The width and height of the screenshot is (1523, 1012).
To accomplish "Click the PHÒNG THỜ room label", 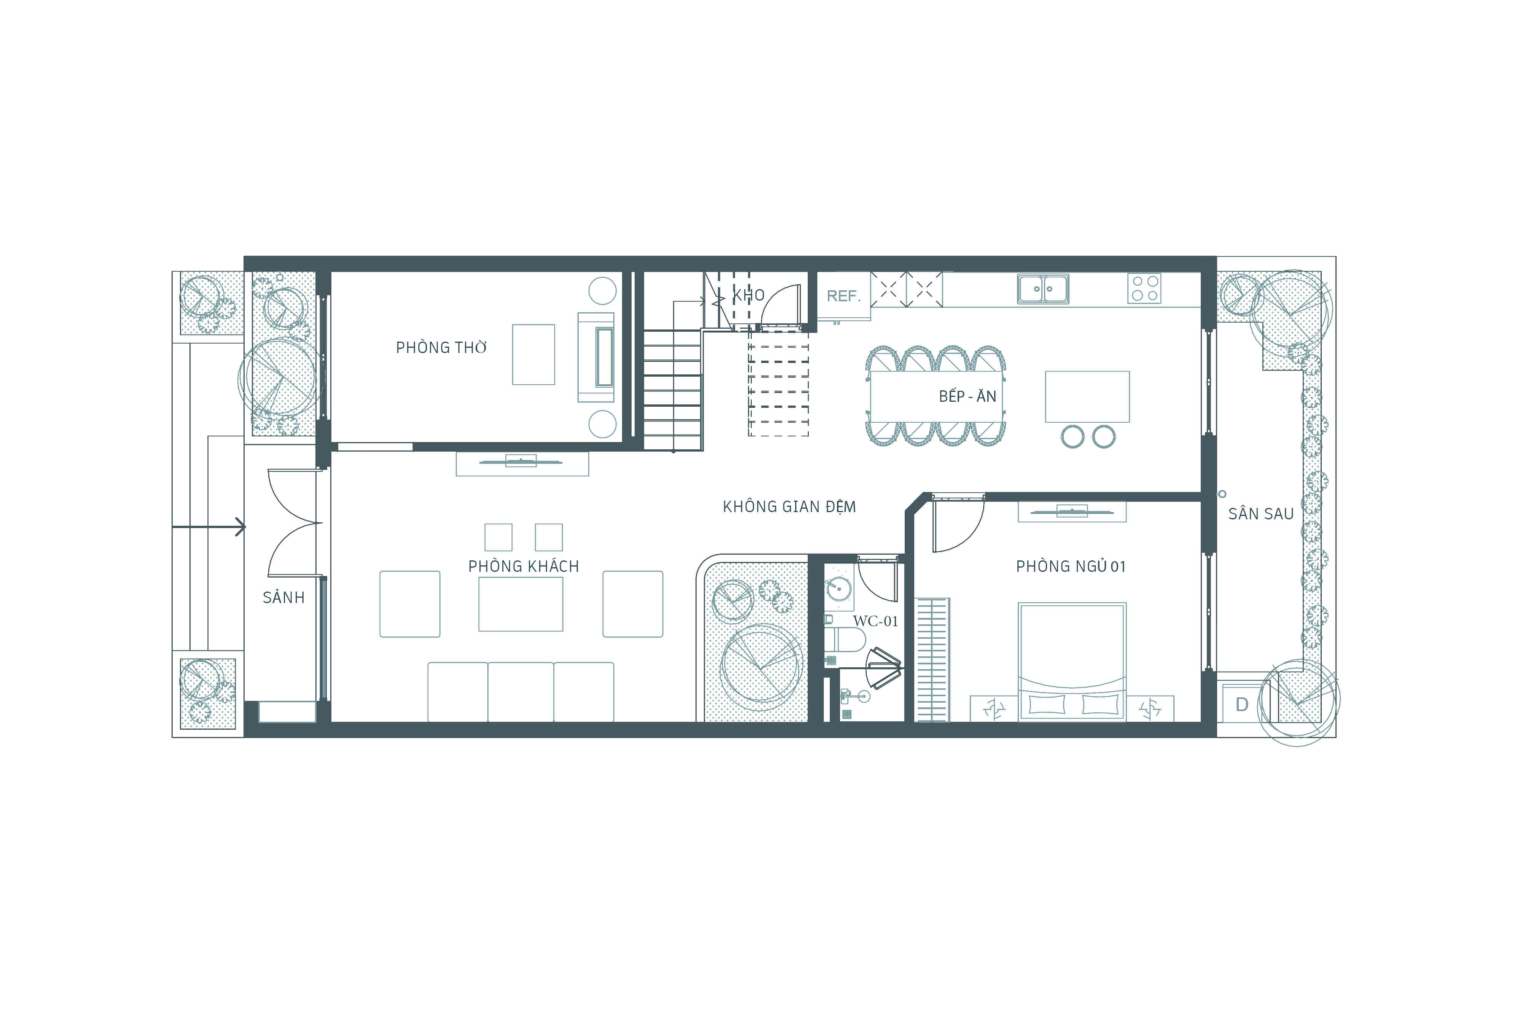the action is pos(441,347).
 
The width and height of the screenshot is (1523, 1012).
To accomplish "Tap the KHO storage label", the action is pos(749,296).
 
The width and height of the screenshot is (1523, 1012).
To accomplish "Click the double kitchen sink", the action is pos(1043,288).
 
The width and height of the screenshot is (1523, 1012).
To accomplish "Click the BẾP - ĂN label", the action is pos(968,396).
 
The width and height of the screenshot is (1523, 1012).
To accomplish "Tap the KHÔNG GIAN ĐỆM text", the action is pos(789,507).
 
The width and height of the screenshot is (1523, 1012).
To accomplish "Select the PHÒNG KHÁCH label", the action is pos(524,566).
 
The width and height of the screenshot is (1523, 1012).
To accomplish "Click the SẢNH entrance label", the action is pos(283,598).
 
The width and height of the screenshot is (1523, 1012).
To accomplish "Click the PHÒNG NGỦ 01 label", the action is pos(1071,566).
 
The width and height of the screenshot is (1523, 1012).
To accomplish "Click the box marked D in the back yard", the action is pos(1241,705).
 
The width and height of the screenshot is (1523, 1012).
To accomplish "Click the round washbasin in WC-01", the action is pos(838,588).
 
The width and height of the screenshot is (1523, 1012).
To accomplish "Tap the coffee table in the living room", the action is pos(521,604).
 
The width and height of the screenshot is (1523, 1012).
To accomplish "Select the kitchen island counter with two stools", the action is pos(1087,396).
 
